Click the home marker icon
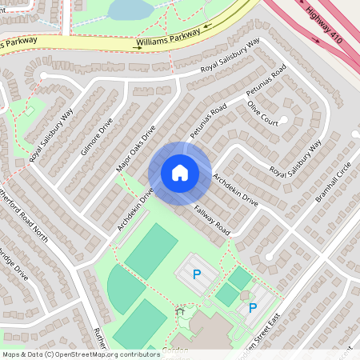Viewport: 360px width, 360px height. [179, 173]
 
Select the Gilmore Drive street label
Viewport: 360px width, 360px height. [97, 137]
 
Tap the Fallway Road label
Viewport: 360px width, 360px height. [212, 220]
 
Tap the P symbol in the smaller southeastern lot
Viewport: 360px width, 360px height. [252, 307]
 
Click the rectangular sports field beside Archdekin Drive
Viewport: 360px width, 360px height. [151, 250]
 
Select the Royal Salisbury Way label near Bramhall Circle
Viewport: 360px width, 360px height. [295, 158]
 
